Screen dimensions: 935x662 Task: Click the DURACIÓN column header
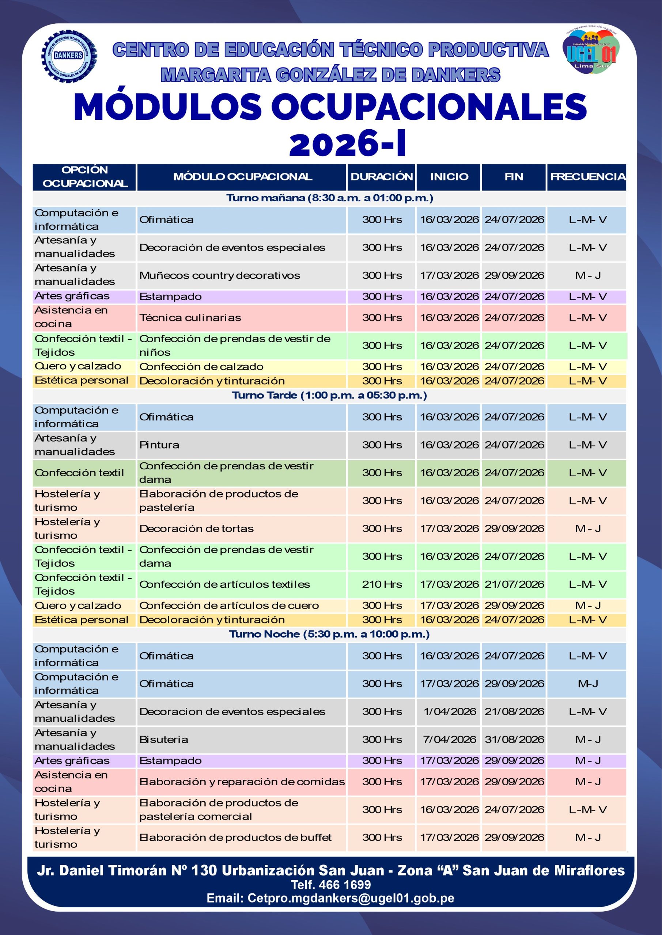[x=382, y=177]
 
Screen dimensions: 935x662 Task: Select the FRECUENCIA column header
[x=587, y=177]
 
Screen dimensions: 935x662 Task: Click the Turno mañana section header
[x=329, y=198]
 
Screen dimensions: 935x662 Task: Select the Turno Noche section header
[x=329, y=634]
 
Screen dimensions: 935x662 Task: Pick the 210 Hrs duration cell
[x=382, y=584]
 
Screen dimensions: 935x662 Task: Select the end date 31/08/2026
[x=514, y=739]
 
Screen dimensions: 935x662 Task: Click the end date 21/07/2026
[x=514, y=584]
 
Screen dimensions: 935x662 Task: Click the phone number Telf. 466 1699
[x=330, y=885]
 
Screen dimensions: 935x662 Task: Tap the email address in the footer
[x=330, y=898]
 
